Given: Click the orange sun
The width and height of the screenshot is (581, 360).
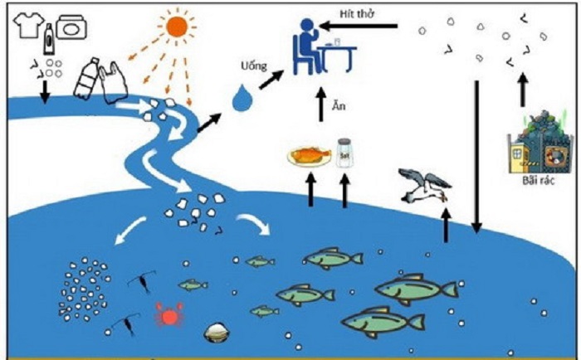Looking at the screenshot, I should [x=177, y=27].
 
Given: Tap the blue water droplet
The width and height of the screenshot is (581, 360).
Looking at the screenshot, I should [x=242, y=98].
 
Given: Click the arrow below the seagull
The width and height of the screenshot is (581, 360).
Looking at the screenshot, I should [x=447, y=226].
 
